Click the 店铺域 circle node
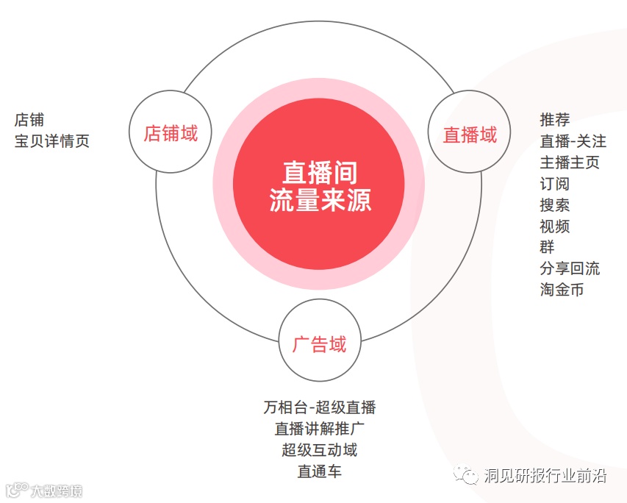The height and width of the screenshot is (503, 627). click(170, 132)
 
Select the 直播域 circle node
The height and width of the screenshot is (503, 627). click(469, 135)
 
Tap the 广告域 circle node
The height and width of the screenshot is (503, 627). click(319, 343)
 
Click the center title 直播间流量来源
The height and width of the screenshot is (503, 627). click(319, 185)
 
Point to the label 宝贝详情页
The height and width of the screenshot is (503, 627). click(52, 140)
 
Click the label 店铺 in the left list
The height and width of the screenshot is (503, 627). click(29, 119)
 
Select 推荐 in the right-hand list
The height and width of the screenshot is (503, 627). click(555, 119)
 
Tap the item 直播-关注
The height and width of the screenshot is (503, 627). click(573, 140)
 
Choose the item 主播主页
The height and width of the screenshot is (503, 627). click(570, 162)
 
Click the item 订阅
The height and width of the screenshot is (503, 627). click(555, 183)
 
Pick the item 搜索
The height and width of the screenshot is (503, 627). click(555, 204)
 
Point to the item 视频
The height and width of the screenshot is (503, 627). click(555, 226)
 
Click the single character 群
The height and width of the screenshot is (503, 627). click(548, 247)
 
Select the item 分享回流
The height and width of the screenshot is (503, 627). click(570, 268)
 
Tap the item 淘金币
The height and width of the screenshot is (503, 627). click(562, 290)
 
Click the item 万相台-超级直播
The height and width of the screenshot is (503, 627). click(319, 407)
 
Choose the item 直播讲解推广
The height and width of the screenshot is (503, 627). click(319, 429)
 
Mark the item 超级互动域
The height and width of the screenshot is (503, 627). click(319, 450)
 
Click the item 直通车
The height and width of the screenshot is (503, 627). click(319, 471)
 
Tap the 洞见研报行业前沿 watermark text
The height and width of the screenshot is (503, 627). click(544, 476)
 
